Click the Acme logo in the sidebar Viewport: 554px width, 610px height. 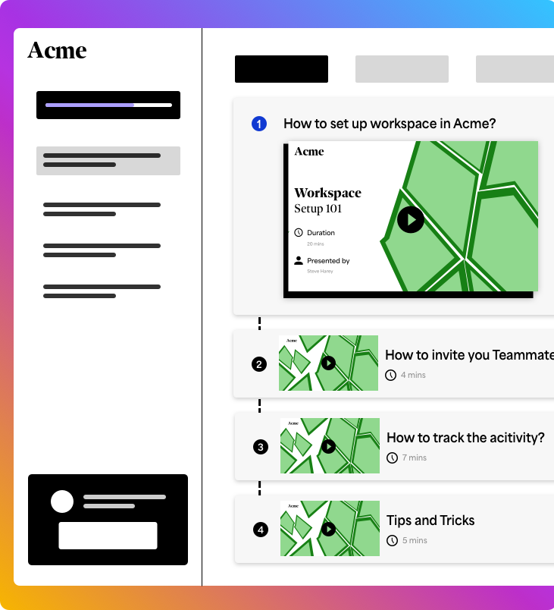[x=57, y=50]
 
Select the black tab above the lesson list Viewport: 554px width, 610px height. [x=281, y=69]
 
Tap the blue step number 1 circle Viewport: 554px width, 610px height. [x=259, y=124]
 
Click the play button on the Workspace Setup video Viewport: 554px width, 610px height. [x=410, y=220]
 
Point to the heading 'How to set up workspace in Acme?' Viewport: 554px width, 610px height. [x=390, y=124]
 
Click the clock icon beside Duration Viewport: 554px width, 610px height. [x=299, y=232]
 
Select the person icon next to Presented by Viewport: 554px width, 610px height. [x=299, y=260]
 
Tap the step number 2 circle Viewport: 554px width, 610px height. [x=259, y=364]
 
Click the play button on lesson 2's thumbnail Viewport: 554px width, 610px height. [x=328, y=363]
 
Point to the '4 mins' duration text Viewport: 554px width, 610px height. [x=413, y=375]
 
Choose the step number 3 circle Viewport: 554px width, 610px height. [x=261, y=447]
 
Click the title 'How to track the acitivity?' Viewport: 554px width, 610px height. [x=465, y=438]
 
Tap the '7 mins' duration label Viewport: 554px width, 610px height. [x=415, y=457]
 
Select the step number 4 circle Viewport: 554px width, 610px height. [x=261, y=530]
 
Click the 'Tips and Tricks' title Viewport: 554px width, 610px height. [x=430, y=520]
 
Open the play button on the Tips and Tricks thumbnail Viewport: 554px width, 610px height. [x=328, y=529]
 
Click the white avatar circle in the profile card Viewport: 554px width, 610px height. [x=62, y=502]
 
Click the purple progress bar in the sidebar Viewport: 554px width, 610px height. [x=89, y=105]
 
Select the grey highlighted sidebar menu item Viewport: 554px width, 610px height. [x=108, y=161]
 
